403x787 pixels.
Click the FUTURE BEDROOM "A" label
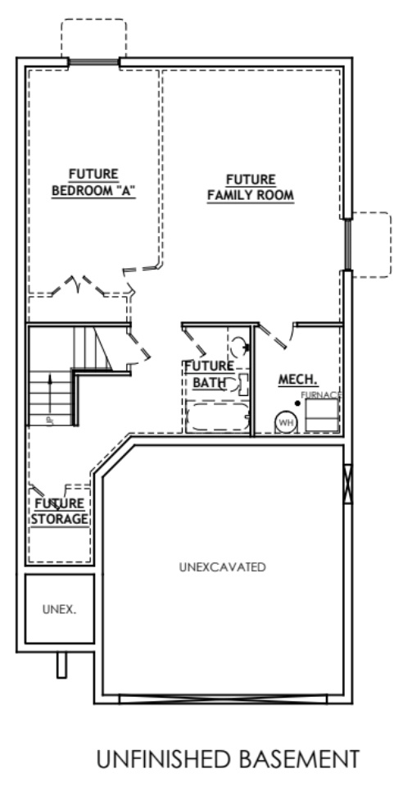(93, 182)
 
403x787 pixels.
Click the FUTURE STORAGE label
(61, 511)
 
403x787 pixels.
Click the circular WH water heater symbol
(285, 422)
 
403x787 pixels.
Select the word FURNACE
(320, 395)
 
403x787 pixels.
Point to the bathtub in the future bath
(216, 418)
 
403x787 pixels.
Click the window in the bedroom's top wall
(93, 61)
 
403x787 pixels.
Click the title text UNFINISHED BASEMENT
(227, 760)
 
